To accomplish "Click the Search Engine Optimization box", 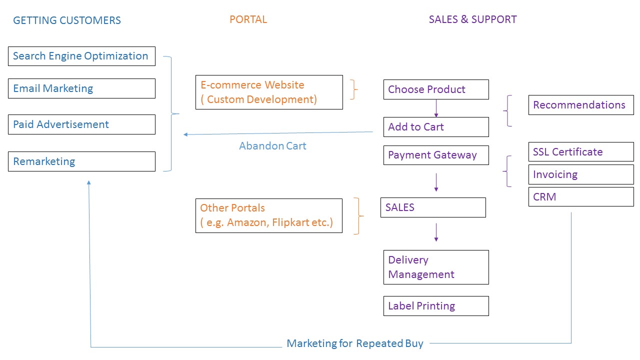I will point(81,56).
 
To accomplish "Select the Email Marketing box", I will point(81,88).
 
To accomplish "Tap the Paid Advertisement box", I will point(81,124).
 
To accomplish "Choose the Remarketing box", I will point(81,161).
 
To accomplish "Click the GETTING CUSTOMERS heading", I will point(67,20).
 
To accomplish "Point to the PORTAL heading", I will point(248,19).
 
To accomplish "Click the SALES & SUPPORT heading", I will point(472,19).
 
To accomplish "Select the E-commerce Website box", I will point(269,92).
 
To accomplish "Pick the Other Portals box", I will point(269,215).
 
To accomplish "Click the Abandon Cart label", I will point(272,146).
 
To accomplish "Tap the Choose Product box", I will point(436,89).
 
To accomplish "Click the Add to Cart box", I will point(436,127).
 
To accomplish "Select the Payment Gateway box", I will point(436,155).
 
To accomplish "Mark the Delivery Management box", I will point(436,267).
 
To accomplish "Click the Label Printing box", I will point(436,306).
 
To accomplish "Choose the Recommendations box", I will point(581,105).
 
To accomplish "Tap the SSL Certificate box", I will point(581,152).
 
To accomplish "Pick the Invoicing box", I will point(581,174).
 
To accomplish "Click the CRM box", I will point(581,197).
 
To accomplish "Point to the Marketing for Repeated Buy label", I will point(355,343).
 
